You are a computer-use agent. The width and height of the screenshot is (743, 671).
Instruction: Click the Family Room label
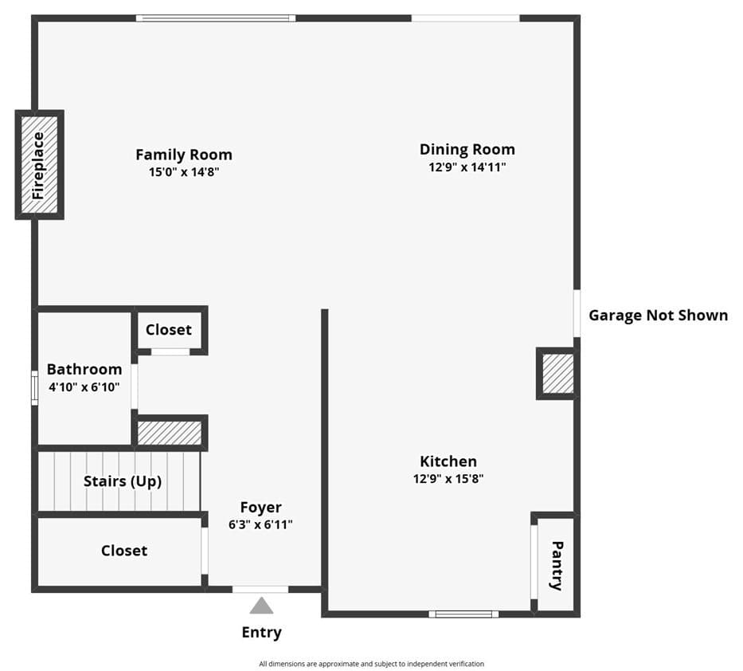click(183, 155)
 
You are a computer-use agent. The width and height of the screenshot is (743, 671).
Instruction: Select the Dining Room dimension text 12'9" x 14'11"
click(467, 167)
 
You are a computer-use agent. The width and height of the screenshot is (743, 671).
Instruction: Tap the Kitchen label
click(448, 461)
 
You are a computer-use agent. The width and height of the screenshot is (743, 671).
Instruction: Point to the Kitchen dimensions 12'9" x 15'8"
click(448, 479)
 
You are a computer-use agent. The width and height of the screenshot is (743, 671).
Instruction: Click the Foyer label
click(260, 508)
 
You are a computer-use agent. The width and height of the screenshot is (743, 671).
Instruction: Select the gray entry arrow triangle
click(261, 606)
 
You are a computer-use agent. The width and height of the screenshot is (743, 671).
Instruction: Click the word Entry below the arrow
click(261, 633)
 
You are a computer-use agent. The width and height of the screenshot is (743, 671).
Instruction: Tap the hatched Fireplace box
click(40, 165)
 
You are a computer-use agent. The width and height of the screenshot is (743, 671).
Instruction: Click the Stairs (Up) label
click(123, 481)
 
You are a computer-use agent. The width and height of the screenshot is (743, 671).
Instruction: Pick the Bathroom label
click(84, 369)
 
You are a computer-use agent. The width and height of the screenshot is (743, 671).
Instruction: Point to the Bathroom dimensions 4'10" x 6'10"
click(84, 387)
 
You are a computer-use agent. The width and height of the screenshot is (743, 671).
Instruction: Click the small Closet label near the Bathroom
click(168, 330)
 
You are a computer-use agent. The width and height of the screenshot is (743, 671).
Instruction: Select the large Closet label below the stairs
click(124, 551)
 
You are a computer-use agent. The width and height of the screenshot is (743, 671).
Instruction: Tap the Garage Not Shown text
click(658, 315)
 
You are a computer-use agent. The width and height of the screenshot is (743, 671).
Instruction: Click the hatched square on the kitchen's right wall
click(557, 373)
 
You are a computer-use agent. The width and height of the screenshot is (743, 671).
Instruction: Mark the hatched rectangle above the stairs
click(170, 434)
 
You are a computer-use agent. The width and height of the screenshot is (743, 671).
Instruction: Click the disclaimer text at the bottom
click(371, 664)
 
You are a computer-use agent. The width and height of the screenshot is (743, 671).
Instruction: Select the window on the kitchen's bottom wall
click(463, 614)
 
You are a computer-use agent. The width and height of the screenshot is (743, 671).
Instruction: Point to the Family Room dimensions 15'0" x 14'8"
click(183, 172)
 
